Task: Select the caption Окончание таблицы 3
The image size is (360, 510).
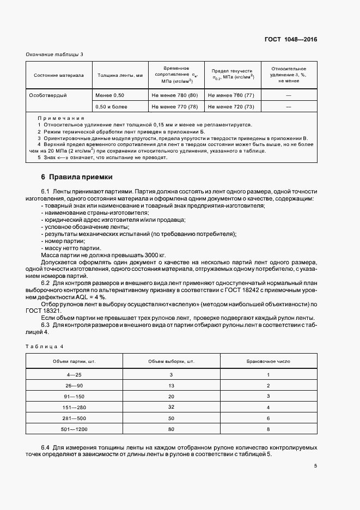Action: [54, 54]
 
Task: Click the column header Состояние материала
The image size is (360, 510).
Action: [58, 75]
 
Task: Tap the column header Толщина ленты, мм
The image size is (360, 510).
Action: [120, 75]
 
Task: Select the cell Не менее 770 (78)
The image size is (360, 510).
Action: [175, 107]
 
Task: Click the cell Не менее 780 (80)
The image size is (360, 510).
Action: [175, 95]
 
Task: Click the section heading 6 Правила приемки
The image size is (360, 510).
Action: [77, 177]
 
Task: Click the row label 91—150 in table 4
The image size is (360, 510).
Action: [74, 396]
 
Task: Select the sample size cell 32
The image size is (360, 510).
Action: [171, 407]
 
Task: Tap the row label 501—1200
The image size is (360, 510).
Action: [74, 429]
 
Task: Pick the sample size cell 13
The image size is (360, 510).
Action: [171, 385]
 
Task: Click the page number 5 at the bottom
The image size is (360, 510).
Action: [316, 466]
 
